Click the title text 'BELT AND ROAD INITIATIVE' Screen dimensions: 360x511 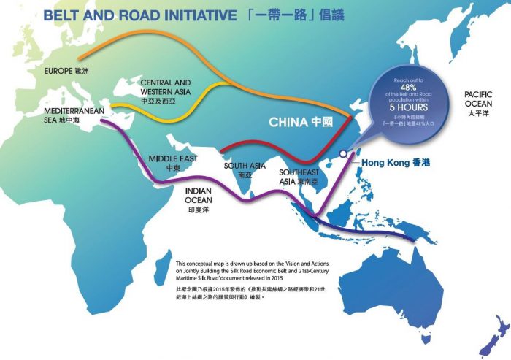(x=139, y=15)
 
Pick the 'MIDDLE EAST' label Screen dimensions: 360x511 (x=172, y=162)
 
